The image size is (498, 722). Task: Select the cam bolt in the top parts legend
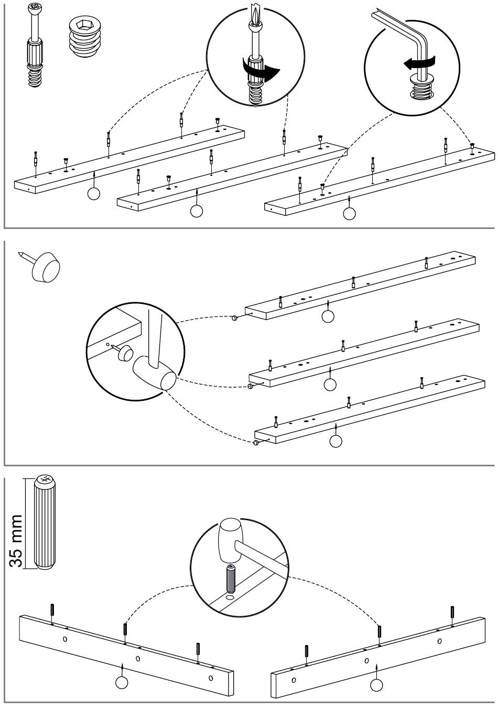(35, 46)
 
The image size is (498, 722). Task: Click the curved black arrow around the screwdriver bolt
(261, 69)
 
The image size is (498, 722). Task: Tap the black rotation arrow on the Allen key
(419, 62)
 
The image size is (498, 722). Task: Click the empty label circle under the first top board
(94, 193)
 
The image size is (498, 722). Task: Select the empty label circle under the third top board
(349, 213)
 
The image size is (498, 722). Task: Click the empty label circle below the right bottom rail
(376, 685)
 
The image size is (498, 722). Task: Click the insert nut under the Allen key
(421, 88)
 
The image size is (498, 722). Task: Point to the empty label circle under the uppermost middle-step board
(328, 316)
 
